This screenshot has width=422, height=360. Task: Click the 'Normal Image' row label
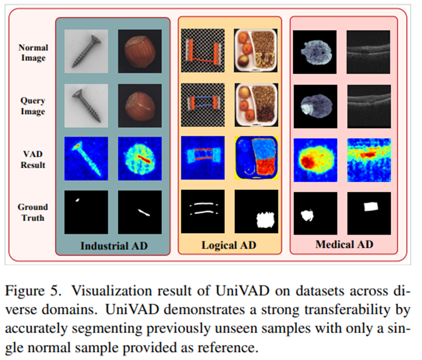33,52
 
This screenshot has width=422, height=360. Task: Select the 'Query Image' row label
33,106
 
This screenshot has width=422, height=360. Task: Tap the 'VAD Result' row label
33,159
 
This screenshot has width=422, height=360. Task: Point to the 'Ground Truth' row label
33,212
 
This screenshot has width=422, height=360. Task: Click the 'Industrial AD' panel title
114,246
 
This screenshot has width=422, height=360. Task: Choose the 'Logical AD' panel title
229,245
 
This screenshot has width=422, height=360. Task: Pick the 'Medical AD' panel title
344,244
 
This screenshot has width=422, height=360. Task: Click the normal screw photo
86,51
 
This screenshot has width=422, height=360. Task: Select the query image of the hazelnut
140,106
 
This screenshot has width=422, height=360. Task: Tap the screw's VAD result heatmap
86,159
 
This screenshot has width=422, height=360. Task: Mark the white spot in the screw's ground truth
77,200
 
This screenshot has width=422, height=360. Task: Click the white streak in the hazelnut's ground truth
144,213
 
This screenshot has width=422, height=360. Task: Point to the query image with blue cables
203,105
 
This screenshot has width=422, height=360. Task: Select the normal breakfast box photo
256,51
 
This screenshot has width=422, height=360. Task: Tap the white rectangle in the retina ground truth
371,207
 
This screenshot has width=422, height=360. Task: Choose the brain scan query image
316,107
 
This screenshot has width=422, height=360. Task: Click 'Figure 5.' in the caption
33,291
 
